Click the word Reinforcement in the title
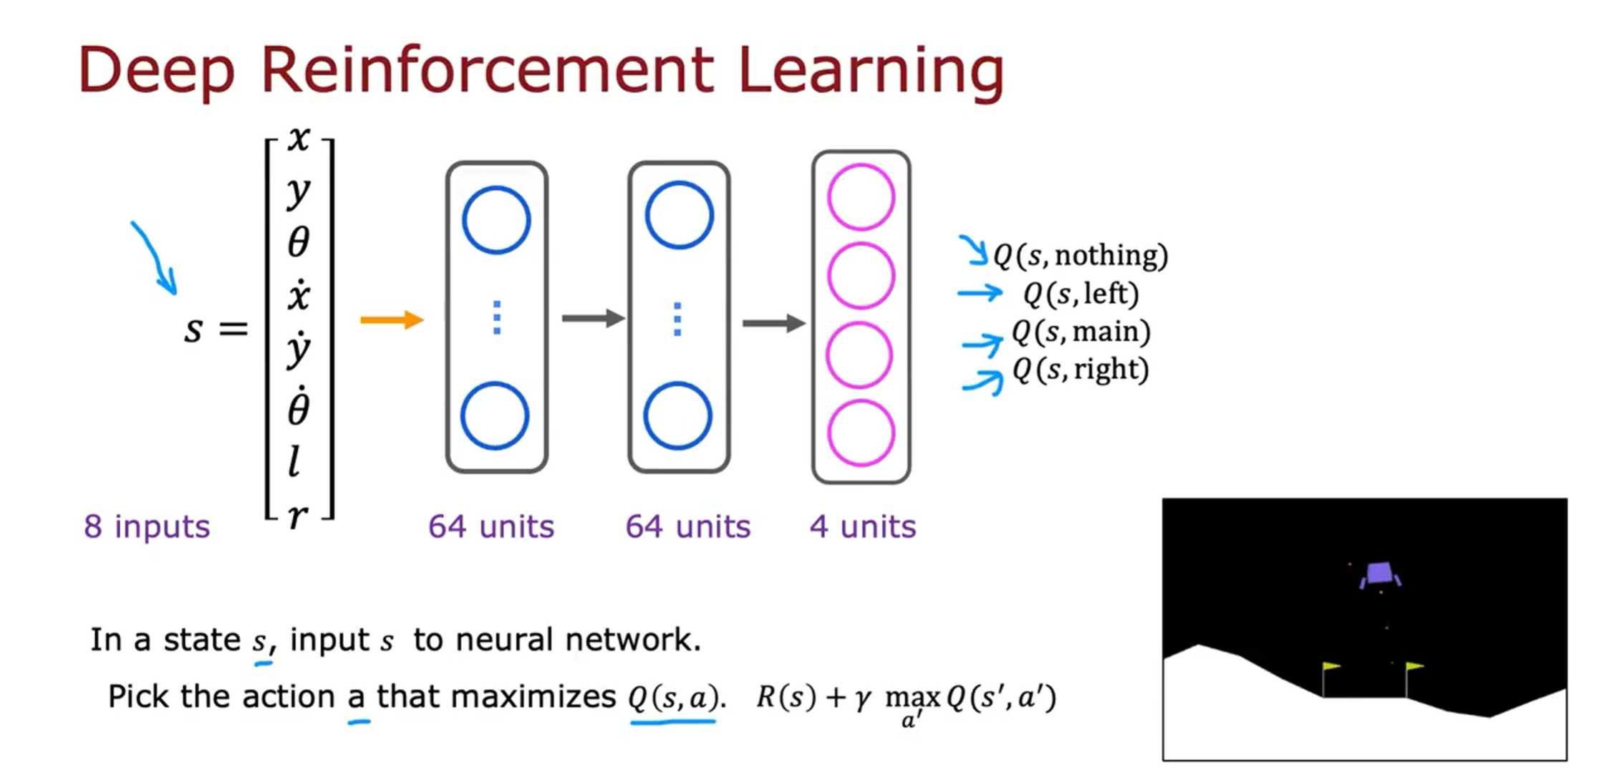[x=487, y=70]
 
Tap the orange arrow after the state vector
[x=392, y=319]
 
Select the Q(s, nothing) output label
[x=1080, y=256]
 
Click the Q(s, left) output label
[x=1081, y=294]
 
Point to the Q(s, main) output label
[x=1081, y=332]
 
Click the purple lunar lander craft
[x=1379, y=574]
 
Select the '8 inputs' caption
[x=147, y=526]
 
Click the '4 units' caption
[x=863, y=526]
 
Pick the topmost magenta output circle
[x=861, y=197]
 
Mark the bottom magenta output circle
[x=861, y=433]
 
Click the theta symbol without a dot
[x=299, y=242]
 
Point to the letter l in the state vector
[x=294, y=461]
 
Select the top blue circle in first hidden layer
[x=496, y=220]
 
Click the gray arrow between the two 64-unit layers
[x=593, y=318]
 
